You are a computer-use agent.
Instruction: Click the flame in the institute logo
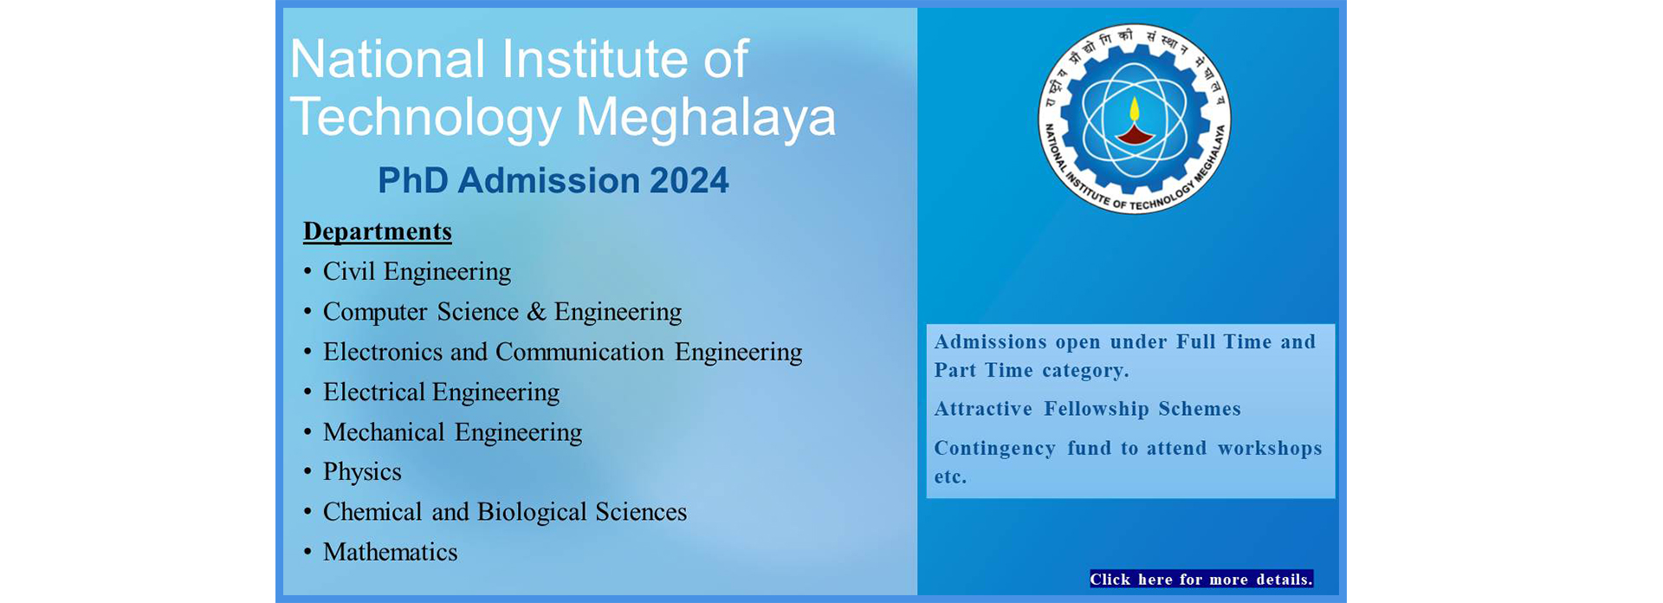tap(1134, 110)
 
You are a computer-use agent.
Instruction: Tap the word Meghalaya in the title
tap(705, 117)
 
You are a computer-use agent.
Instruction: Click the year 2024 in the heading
tap(689, 181)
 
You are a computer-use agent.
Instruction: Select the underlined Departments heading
tap(378, 231)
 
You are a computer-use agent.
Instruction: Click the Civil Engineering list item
tap(417, 272)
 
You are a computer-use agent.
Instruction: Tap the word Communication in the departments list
tap(579, 352)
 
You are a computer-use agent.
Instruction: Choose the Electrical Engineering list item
tap(441, 392)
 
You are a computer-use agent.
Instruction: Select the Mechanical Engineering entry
tap(452, 432)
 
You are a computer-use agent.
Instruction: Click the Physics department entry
tap(362, 472)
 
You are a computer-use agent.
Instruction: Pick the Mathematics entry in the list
tap(390, 552)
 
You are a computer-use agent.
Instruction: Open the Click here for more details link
tap(1200, 580)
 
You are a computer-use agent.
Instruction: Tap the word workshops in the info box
tap(1269, 449)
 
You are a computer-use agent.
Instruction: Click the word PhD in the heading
tap(412, 181)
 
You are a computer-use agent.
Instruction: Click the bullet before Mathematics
tap(307, 552)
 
